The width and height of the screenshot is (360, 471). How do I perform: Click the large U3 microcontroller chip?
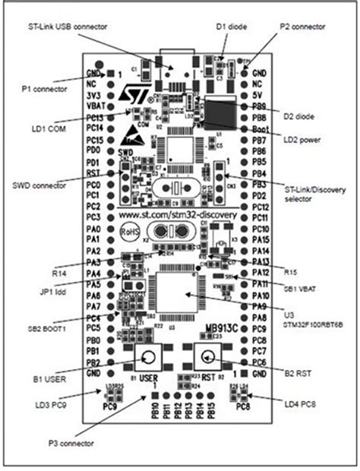(178, 292)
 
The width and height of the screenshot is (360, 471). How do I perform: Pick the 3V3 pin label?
(92, 96)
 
